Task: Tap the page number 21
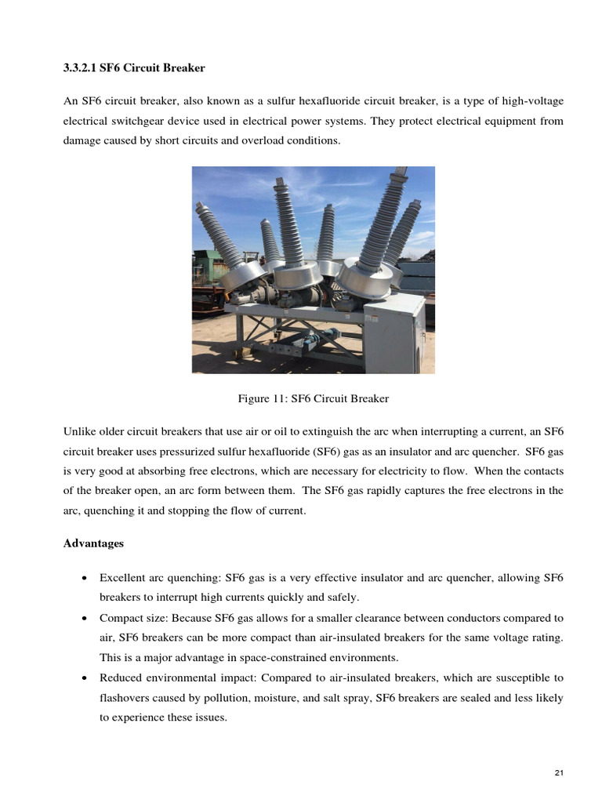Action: click(559, 774)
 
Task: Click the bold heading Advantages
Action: click(93, 543)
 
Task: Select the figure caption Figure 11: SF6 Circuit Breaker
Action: click(313, 398)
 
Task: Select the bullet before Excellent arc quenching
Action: click(84, 579)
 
